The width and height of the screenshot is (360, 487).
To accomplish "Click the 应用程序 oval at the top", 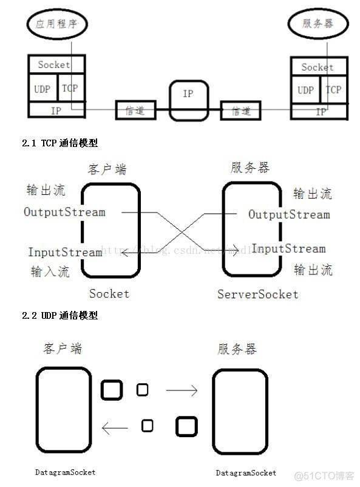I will coord(58,24).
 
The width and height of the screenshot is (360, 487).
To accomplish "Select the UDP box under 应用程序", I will coord(42,89).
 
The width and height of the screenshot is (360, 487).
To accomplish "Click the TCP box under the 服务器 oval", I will coord(333,90).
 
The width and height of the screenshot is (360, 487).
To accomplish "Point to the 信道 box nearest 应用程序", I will coord(135,111).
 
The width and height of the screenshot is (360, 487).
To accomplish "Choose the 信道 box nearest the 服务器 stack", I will coord(240,111).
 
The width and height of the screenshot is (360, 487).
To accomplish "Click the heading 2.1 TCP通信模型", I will coord(59,143).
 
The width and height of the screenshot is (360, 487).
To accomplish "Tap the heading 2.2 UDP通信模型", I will coord(59,316).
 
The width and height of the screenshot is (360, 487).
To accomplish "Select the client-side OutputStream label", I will coord(64,212).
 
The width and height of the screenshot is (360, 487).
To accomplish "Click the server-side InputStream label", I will coord(288,248).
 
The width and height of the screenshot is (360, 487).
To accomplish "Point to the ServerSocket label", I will coord(258,295).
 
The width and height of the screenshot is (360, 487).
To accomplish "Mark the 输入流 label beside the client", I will coord(50,271).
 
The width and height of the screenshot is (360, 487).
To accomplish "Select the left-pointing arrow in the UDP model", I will coord(115,429).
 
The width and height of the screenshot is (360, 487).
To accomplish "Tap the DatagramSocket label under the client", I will coord(65,472).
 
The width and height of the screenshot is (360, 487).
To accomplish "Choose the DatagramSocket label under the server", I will coord(246,472).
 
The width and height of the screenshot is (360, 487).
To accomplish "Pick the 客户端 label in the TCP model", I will coord(107,169).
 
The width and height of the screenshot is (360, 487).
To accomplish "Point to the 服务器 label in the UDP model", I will coord(237,349).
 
